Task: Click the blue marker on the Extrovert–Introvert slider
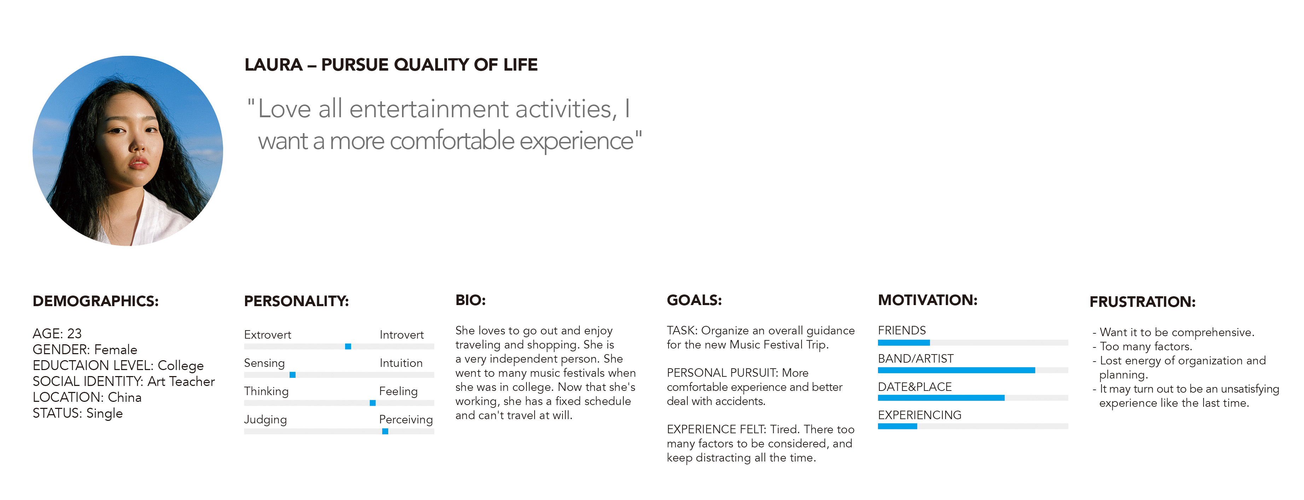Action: coord(348,346)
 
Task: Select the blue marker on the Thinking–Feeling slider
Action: coord(373,403)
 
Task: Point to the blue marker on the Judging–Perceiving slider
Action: coord(385,431)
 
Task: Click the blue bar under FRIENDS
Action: coord(904,342)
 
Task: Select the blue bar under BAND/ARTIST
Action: coord(956,370)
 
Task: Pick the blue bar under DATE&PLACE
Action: coord(941,398)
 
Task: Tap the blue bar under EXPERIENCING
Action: coord(897,426)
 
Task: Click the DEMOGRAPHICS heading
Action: coord(96,301)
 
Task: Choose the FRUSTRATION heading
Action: coord(1142,302)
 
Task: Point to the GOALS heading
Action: coord(694,300)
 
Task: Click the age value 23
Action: coord(74,334)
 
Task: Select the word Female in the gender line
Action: coord(115,350)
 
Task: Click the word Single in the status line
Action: coord(104,413)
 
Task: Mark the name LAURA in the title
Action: coord(273,65)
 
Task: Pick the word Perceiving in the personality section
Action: coord(406,419)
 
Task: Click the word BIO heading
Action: coord(470,300)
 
